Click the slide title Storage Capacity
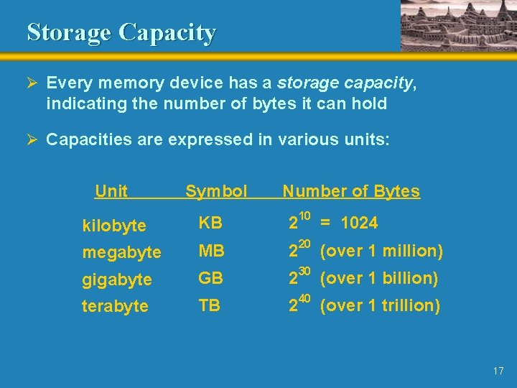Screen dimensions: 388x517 coord(121,32)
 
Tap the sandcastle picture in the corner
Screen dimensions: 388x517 coord(457,25)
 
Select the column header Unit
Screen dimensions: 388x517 coord(111,191)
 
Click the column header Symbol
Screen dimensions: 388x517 coord(216,191)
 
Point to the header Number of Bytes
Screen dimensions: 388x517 coord(351,191)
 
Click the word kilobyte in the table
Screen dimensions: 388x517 coord(114,226)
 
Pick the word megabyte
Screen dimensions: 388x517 coord(121,252)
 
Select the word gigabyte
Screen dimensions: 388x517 coord(117,279)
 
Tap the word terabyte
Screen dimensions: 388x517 coord(115,305)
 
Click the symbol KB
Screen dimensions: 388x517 coord(210,223)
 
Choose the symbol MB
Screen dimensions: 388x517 coord(211,251)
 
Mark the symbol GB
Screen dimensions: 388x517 coord(211,277)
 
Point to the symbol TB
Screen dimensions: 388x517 coord(210,305)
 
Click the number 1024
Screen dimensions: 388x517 coord(359,223)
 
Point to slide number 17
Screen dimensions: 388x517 coord(498,371)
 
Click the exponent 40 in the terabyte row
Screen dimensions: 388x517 coord(304,297)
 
